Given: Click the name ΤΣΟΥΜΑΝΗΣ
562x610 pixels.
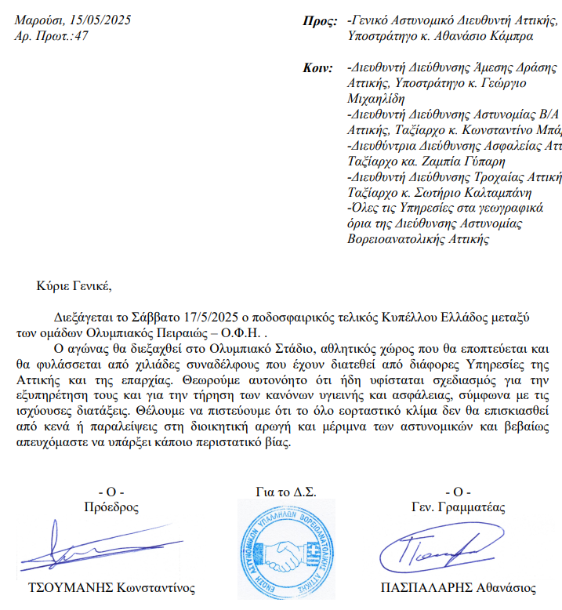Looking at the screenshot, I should point(70,588).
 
